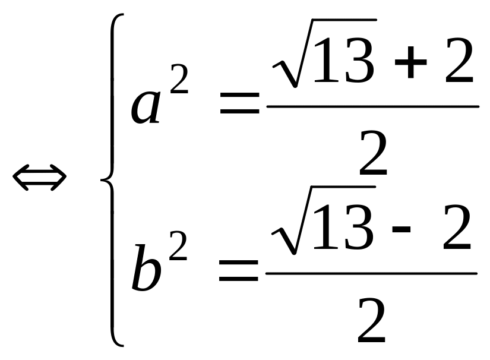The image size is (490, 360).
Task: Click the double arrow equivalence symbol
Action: [39, 178]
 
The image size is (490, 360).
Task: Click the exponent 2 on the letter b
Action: [176, 246]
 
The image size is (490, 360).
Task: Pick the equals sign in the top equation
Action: [239, 106]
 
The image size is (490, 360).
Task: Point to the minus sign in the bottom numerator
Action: [403, 230]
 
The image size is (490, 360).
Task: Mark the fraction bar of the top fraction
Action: [372, 107]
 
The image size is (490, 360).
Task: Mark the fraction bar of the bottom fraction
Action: [371, 274]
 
